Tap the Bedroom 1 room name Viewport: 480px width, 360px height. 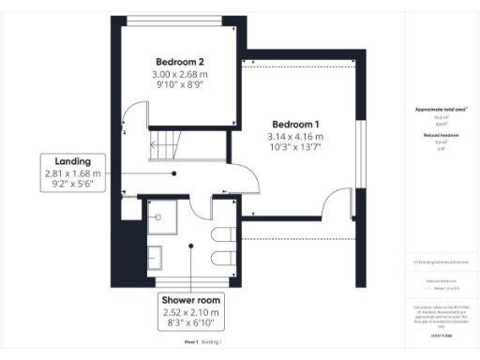pyautogui.click(x=295, y=125)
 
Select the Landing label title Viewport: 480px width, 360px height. pyautogui.click(x=72, y=161)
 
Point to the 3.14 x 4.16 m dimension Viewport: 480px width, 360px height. pyautogui.click(x=295, y=137)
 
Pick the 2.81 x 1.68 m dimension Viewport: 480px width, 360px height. pyautogui.click(x=72, y=173)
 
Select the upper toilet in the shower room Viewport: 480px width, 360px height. pyautogui.click(x=223, y=234)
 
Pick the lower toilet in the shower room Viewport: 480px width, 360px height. pyautogui.click(x=223, y=259)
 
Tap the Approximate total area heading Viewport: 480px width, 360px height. pyautogui.click(x=441, y=111)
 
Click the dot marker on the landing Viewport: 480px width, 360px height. pyautogui.click(x=174, y=173)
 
